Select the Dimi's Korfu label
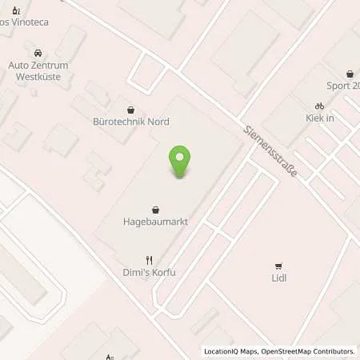pyautogui.click(x=149, y=273)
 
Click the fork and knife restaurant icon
pyautogui.click(x=149, y=260)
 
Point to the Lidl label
pyautogui.click(x=278, y=278)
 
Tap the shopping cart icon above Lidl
pyautogui.click(x=278, y=266)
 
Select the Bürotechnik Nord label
pyautogui.click(x=131, y=122)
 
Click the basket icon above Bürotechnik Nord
pyautogui.click(x=131, y=109)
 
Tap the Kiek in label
pyautogui.click(x=319, y=118)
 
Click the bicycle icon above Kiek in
pyautogui.click(x=319, y=106)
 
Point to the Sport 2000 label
pyautogui.click(x=342, y=85)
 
